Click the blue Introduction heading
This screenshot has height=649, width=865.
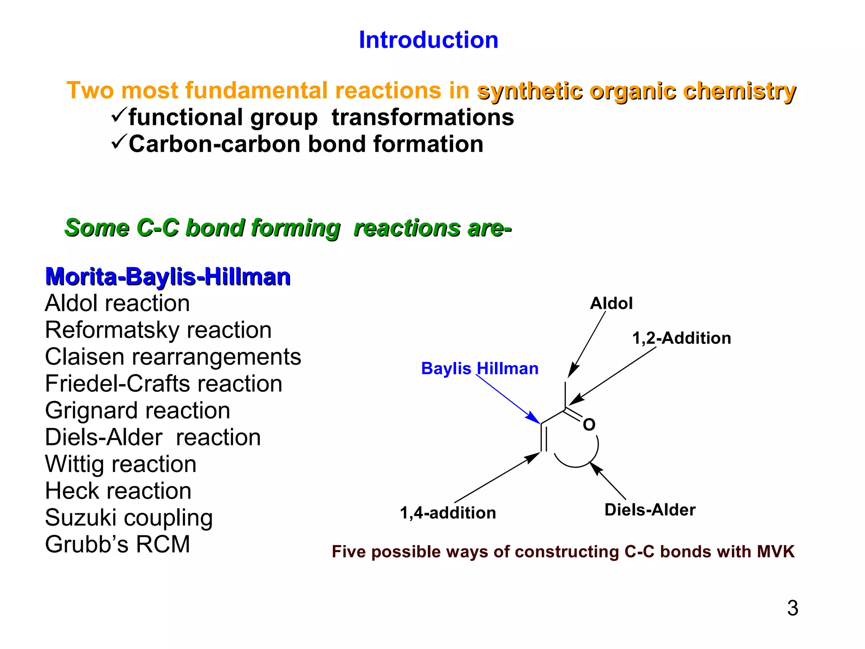[x=428, y=40]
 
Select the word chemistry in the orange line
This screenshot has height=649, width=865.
[x=739, y=91]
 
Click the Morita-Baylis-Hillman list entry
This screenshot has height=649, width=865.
[x=168, y=277]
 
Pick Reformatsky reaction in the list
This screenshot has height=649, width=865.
[x=158, y=330]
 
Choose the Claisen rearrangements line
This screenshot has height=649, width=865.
[x=173, y=357]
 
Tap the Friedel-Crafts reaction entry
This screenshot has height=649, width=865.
[x=163, y=384]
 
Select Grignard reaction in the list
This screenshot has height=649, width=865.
[x=137, y=411]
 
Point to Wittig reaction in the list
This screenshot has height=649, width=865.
[x=120, y=464]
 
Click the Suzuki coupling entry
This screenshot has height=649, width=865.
[x=129, y=518]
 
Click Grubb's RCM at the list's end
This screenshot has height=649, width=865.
[x=117, y=544]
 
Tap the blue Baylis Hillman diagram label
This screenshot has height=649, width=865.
[x=479, y=368]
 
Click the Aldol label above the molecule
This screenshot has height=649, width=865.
[x=611, y=303]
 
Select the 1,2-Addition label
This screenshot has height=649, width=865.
[x=681, y=338]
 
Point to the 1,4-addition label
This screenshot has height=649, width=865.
[x=448, y=513]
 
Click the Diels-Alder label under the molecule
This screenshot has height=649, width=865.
[x=650, y=510]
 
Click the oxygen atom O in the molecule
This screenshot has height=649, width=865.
[x=589, y=425]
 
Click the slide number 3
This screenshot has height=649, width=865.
[x=792, y=608]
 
